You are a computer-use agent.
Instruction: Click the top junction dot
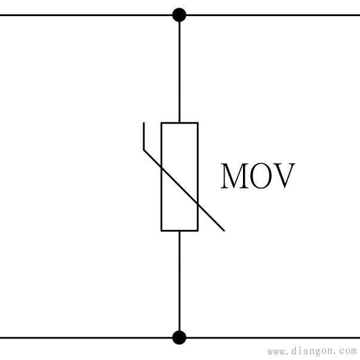point(179,15)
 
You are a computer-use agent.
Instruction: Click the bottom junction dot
point(179,337)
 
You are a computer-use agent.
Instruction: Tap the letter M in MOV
point(235,176)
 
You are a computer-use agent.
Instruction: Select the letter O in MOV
point(260,176)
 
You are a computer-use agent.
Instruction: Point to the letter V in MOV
point(284,176)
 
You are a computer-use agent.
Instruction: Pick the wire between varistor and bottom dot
point(179,281)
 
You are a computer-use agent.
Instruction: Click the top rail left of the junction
point(86,15)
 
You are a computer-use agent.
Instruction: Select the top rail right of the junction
point(273,15)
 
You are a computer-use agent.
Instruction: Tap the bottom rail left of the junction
point(86,338)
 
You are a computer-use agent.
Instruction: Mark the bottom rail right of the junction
point(273,338)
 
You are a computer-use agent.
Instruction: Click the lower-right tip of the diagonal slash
point(224,230)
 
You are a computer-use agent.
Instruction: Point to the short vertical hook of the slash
point(144,136)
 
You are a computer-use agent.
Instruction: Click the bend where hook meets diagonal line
point(144,150)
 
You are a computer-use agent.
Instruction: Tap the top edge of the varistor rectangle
point(180,123)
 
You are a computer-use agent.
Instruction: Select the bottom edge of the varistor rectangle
point(180,230)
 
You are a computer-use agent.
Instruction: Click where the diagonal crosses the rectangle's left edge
point(162,168)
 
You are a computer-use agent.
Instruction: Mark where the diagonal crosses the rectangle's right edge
point(198,204)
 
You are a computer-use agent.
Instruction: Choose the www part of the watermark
point(276,352)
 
